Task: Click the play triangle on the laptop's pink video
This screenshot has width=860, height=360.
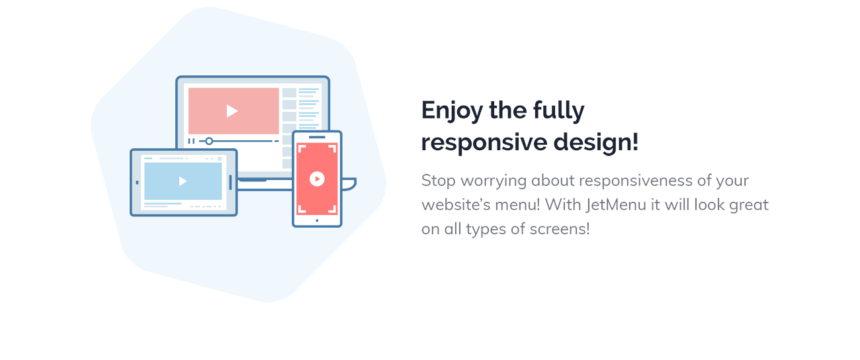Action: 232,111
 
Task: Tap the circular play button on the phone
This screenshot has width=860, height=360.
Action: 317,179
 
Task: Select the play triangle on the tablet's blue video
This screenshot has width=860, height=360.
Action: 183,181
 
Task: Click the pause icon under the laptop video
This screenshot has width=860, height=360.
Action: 191,141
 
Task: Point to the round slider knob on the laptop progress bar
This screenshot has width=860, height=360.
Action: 209,141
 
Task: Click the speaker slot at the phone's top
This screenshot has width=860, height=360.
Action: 317,137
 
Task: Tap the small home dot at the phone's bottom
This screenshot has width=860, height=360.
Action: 317,220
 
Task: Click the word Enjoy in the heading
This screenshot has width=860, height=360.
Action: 452,111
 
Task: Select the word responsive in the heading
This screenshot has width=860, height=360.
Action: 484,142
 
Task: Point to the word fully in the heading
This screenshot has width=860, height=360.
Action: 559,111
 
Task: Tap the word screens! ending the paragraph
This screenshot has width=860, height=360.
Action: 560,230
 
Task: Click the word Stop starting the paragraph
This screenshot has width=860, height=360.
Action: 439,181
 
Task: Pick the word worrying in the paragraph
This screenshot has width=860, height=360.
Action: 494,181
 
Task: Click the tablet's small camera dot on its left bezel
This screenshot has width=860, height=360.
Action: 137,183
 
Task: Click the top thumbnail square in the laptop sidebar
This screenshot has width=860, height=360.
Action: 290,93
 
